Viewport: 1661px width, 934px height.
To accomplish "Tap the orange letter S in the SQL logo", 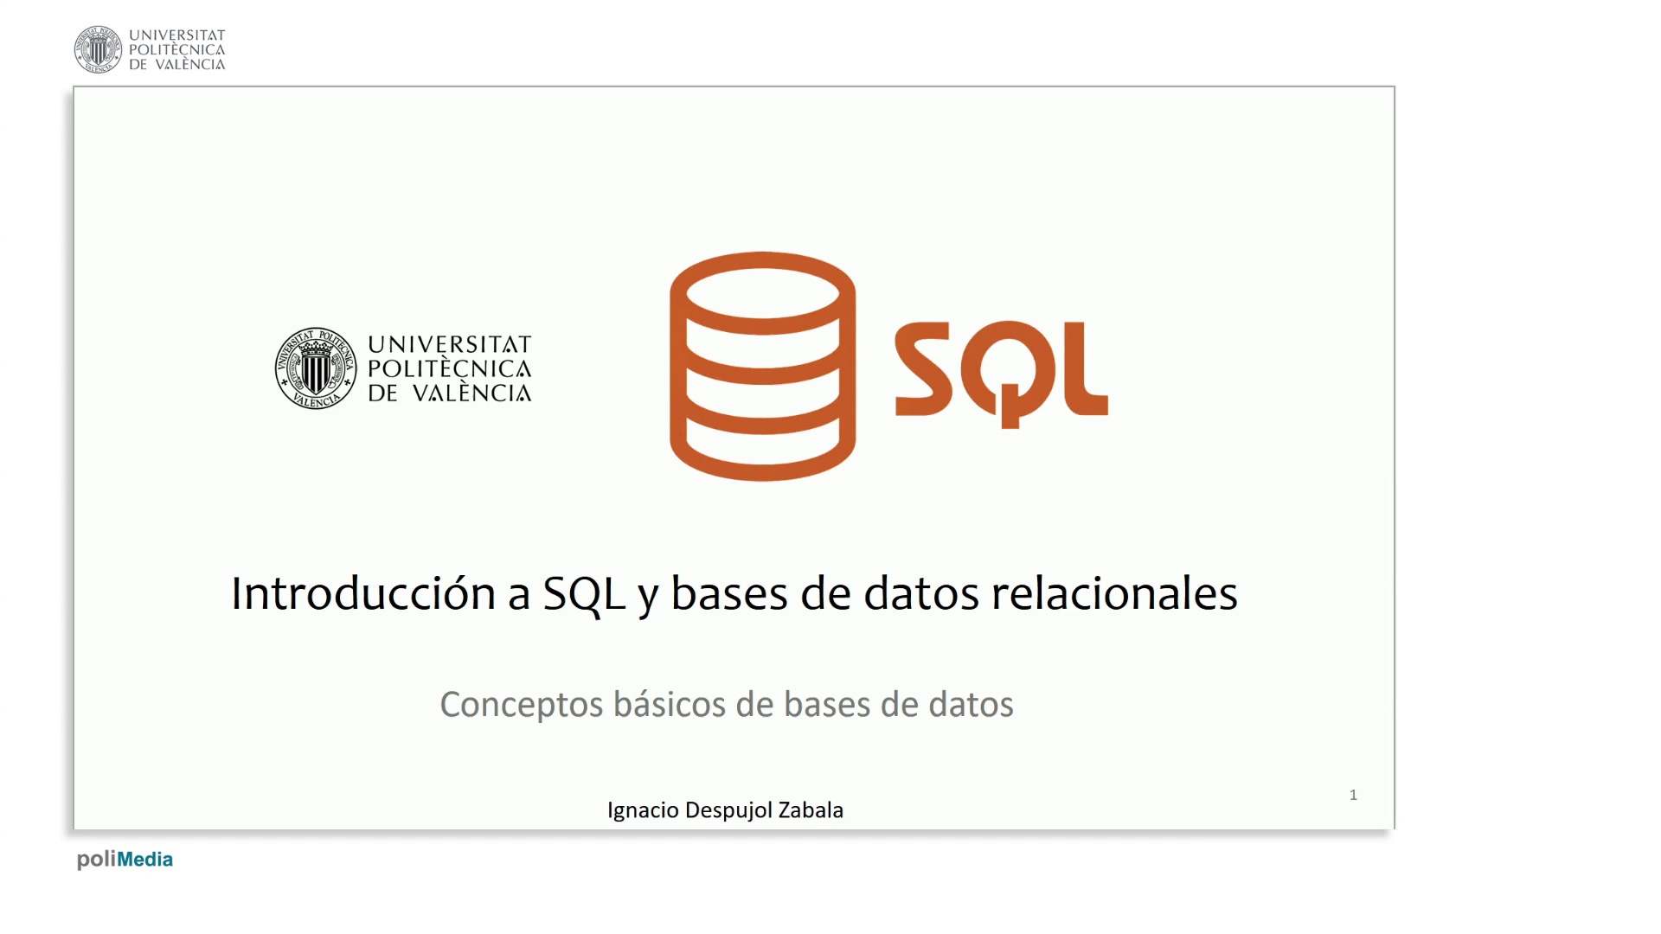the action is (923, 369).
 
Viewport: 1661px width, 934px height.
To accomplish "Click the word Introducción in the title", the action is (363, 593).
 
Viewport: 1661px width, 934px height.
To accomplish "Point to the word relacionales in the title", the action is (1114, 593).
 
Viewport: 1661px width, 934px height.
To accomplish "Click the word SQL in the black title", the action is (584, 594).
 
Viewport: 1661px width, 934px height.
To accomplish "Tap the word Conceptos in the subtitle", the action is (522, 705).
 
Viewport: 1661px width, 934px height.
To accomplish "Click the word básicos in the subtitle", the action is (670, 704).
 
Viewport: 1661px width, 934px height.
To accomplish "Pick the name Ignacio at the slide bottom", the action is (643, 810).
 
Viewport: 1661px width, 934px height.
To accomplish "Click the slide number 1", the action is (1353, 795).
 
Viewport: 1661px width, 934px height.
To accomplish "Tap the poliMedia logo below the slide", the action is (125, 860).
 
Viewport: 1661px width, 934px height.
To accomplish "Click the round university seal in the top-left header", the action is (98, 49).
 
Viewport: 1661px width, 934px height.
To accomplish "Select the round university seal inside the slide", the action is (316, 368).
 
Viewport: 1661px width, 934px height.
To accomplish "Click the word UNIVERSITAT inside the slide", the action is (450, 344).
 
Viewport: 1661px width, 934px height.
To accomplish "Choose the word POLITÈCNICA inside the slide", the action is (450, 368).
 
